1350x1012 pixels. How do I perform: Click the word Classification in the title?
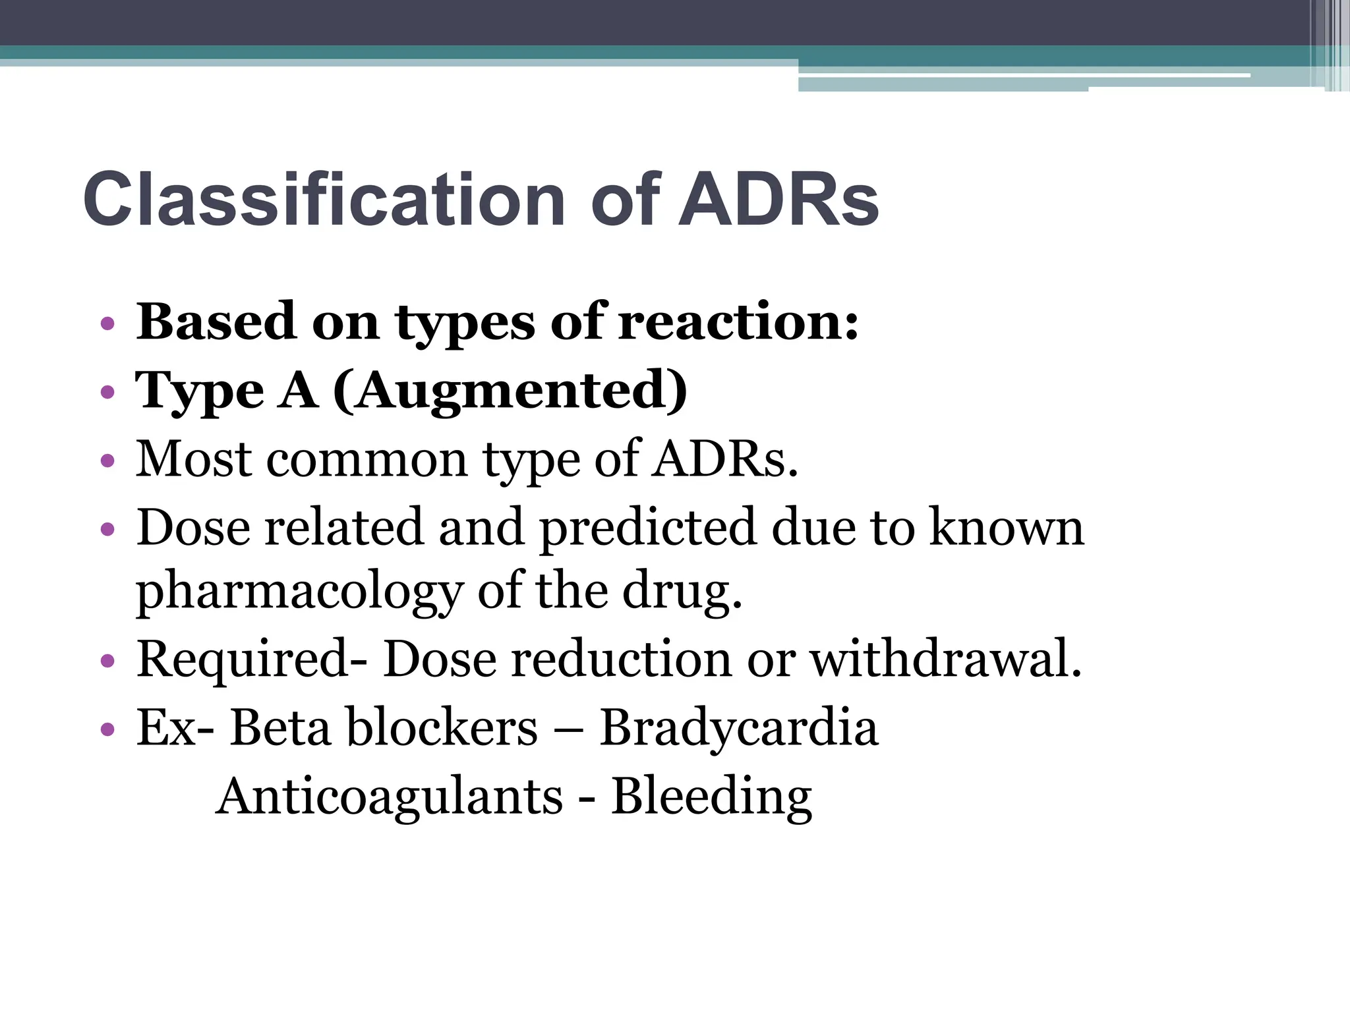click(x=324, y=199)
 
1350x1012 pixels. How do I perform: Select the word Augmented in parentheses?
click(x=510, y=391)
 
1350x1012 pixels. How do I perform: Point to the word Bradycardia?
click(x=738, y=728)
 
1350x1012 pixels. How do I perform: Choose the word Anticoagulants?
click(x=389, y=797)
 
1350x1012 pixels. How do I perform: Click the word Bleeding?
click(x=711, y=797)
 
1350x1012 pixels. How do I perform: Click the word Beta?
click(x=280, y=728)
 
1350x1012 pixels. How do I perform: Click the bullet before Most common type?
click(x=107, y=461)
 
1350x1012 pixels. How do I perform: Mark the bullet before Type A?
click(x=107, y=393)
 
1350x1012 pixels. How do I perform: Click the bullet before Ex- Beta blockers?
click(x=107, y=729)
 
